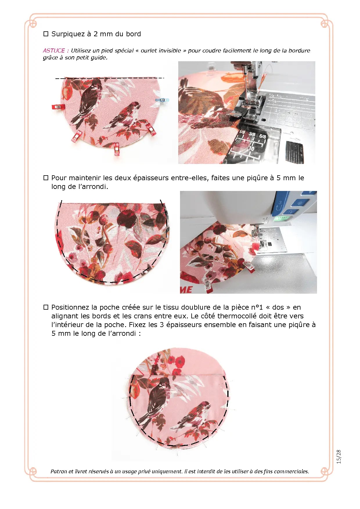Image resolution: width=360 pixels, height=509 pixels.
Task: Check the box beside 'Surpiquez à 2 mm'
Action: click(46, 34)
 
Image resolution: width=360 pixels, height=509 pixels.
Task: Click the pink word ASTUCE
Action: click(54, 50)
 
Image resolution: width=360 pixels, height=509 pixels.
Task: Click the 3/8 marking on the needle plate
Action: click(252, 134)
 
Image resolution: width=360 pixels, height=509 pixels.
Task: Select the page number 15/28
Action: click(339, 457)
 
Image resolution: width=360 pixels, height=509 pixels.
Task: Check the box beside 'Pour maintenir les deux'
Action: click(46, 178)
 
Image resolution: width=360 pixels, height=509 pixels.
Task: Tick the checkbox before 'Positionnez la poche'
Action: click(46, 307)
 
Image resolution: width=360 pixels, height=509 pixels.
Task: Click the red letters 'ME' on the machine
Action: click(186, 290)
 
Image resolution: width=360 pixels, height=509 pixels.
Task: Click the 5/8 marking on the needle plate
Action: click(262, 136)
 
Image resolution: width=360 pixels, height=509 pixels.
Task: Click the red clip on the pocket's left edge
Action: click(58, 107)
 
